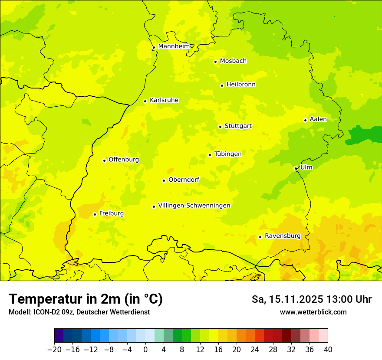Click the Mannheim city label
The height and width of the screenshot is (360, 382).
tap(174, 46)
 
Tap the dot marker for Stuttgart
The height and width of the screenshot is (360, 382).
tap(220, 127)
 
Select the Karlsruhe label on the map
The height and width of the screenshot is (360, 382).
tap(164, 100)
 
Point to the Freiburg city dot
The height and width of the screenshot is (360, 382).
tap(95, 214)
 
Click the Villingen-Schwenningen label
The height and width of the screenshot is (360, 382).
tap(194, 206)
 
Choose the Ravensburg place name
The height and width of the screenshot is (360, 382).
tap(282, 236)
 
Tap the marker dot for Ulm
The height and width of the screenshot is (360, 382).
tap(296, 168)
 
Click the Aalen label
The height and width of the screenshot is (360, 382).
tap(318, 119)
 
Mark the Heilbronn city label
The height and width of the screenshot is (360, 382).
tap(241, 85)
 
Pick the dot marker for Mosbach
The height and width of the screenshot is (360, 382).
tap(215, 62)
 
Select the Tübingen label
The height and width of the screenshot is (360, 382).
tap(228, 154)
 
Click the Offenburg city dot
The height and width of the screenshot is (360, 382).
tap(104, 160)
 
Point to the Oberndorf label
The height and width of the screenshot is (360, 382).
tap(184, 180)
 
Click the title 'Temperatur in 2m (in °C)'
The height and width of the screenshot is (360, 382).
tap(86, 299)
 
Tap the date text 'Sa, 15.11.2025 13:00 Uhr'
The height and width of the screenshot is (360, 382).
tap(311, 299)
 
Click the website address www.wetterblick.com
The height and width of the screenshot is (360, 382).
tap(313, 312)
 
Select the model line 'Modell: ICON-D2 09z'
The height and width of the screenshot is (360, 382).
tap(79, 312)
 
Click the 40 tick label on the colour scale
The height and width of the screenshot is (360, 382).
tap(328, 350)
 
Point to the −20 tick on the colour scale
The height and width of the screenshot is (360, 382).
tap(54, 350)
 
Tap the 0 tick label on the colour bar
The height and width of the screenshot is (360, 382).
tap(145, 350)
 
